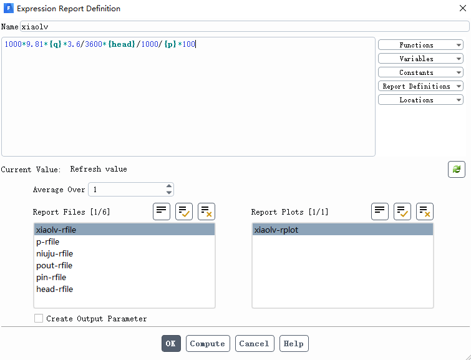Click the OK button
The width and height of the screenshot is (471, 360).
pyautogui.click(x=171, y=344)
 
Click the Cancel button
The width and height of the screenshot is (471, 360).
pyautogui.click(x=255, y=344)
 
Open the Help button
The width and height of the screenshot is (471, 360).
pyautogui.click(x=294, y=344)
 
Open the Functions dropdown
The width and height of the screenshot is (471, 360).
pyautogui.click(x=420, y=45)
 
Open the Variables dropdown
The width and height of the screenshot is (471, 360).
pyautogui.click(x=420, y=59)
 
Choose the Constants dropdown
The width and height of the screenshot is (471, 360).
pyautogui.click(x=420, y=72)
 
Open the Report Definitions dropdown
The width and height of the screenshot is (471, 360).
pyautogui.click(x=420, y=86)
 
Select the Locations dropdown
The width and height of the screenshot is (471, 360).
pyautogui.click(x=420, y=100)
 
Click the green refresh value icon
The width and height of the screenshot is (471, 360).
pyautogui.click(x=456, y=169)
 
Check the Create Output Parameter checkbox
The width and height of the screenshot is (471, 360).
pyautogui.click(x=39, y=318)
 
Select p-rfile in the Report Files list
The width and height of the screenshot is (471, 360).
pyautogui.click(x=48, y=241)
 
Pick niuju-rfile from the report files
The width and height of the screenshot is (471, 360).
pyautogui.click(x=55, y=254)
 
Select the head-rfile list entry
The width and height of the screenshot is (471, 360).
pyautogui.click(x=55, y=289)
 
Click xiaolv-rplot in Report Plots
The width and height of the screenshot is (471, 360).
pyautogui.click(x=276, y=230)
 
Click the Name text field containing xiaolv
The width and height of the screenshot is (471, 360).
pyautogui.click(x=245, y=26)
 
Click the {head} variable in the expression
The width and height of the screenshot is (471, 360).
pyautogui.click(x=122, y=44)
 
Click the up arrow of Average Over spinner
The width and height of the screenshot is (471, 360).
pyautogui.click(x=169, y=187)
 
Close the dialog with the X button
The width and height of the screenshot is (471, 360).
pyautogui.click(x=463, y=8)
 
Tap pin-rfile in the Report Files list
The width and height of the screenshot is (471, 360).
pyautogui.click(x=51, y=278)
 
